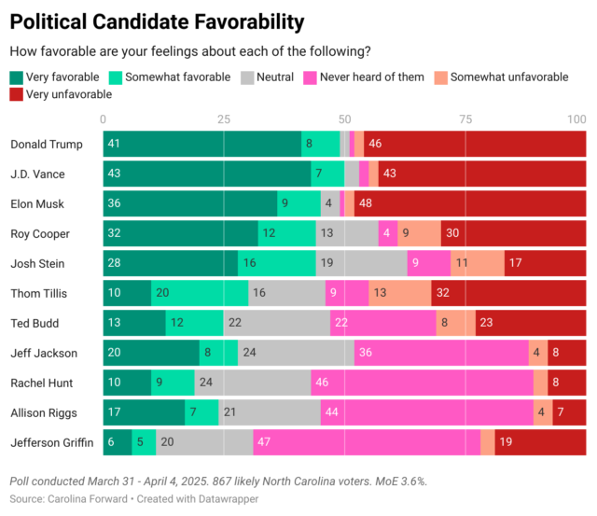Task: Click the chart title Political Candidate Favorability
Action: tap(157, 22)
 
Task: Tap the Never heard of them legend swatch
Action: tap(310, 77)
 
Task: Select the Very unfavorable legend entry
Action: tap(61, 94)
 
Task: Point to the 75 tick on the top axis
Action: tap(465, 119)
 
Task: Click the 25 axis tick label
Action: tap(224, 119)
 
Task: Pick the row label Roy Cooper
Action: tap(40, 233)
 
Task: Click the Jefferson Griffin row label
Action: tap(52, 442)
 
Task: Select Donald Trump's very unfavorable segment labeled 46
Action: tap(475, 144)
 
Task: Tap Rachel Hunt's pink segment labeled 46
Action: tap(422, 383)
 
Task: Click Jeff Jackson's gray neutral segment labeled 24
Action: tap(297, 353)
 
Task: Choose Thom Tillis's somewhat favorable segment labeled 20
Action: tap(200, 293)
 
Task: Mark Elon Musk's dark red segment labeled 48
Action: tap(470, 203)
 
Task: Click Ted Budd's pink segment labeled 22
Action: tap(383, 323)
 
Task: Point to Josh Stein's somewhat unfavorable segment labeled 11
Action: tap(478, 263)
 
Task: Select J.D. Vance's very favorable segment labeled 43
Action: tap(207, 174)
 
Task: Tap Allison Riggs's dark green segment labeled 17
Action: tap(144, 412)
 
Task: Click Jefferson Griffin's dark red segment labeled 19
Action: tap(541, 442)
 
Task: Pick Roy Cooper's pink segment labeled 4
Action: tap(388, 233)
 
